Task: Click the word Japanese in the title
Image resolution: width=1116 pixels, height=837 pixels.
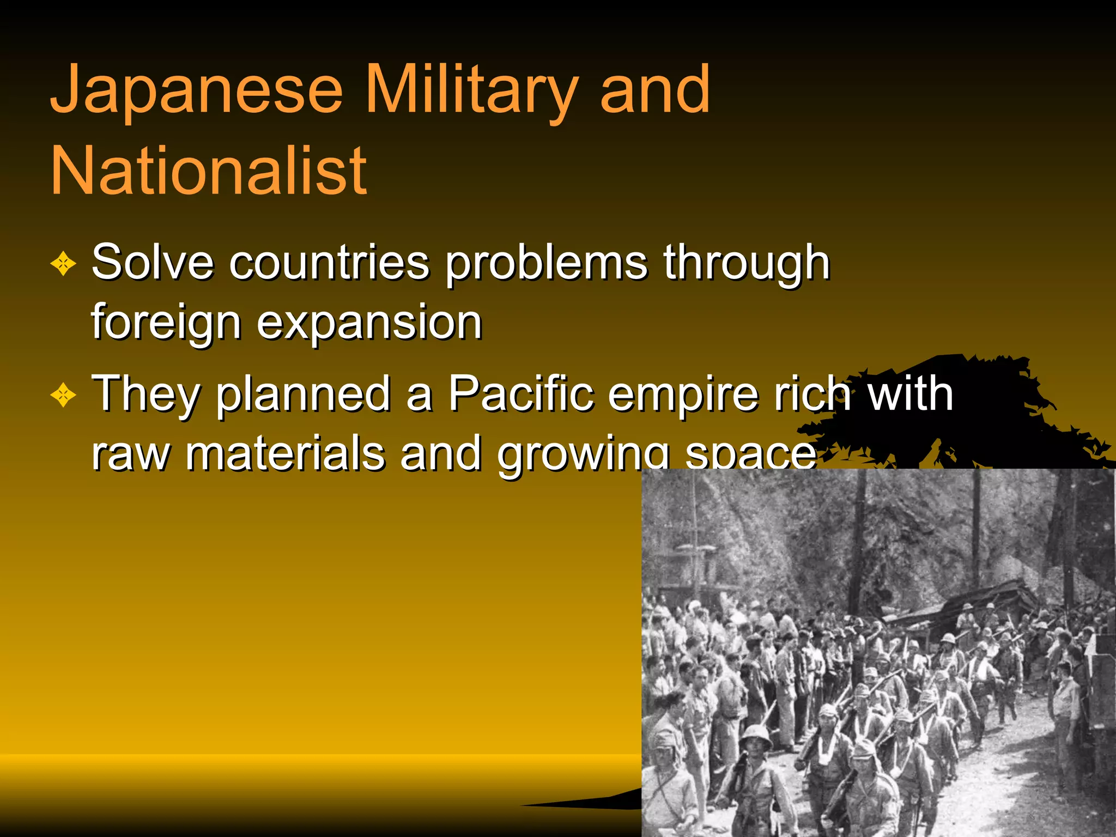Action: (196, 90)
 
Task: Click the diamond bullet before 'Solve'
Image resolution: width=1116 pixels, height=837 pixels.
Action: (63, 264)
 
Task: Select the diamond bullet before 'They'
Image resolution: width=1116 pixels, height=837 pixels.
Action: (63, 395)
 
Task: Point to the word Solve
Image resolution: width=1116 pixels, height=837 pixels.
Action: (152, 262)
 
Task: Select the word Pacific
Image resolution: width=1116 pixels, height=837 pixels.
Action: (521, 393)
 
